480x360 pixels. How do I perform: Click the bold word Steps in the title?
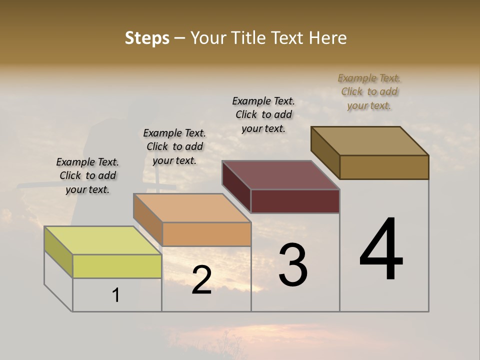coord(147,38)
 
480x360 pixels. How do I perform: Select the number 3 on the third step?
coord(293,265)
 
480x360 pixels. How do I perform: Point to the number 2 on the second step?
coord(201,280)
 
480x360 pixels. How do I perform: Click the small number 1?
coord(116,295)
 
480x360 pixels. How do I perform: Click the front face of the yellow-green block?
coord(117,266)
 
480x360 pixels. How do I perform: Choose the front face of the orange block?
coord(206,234)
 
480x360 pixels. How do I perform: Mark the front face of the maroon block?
coord(295,201)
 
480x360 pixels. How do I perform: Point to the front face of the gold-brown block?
coord(384,167)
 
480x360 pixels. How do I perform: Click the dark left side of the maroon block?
coord(236,186)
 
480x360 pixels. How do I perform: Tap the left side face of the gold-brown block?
coord(325,152)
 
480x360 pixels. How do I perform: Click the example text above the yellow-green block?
coord(87,175)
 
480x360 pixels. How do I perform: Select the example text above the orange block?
coord(174,146)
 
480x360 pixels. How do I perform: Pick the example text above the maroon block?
coord(263,114)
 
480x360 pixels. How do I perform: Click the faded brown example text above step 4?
coord(369,91)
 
